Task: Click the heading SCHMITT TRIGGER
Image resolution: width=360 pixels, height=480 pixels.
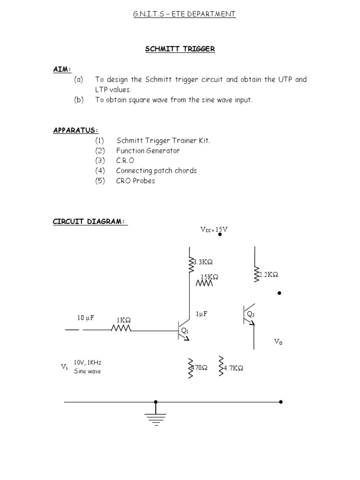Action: click(x=180, y=49)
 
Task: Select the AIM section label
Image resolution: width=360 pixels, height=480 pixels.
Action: click(x=62, y=69)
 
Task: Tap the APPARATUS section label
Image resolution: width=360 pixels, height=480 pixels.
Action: click(x=75, y=130)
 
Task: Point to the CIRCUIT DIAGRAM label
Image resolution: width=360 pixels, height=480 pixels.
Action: click(x=90, y=222)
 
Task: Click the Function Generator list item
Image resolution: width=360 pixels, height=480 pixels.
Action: click(x=148, y=150)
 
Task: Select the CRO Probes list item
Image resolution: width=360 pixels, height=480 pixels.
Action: click(x=135, y=180)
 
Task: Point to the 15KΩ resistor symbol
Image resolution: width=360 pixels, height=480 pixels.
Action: click(x=204, y=284)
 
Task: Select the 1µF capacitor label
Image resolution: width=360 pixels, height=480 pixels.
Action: click(x=202, y=314)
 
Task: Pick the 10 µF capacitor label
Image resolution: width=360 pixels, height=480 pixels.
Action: click(x=86, y=318)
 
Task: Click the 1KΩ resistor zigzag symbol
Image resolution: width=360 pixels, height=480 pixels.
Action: click(x=121, y=329)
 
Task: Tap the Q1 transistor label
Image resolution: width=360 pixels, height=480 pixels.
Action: click(x=185, y=331)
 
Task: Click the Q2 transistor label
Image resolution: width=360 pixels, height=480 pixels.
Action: click(x=251, y=314)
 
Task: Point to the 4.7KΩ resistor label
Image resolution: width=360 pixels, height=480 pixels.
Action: click(x=233, y=368)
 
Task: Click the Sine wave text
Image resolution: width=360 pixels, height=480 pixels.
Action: click(x=87, y=371)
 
